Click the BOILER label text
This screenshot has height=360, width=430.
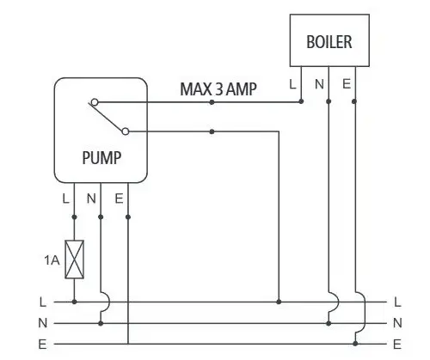click(329, 42)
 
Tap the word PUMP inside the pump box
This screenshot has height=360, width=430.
click(101, 158)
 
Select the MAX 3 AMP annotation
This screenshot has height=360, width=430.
click(218, 89)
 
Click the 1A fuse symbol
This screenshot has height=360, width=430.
click(75, 259)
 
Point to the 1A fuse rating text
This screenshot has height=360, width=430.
click(52, 260)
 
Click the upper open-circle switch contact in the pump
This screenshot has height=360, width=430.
click(95, 102)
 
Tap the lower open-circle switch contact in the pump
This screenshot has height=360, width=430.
click(126, 131)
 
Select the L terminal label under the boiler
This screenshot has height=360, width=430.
click(292, 84)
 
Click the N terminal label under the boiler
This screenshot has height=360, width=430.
click(319, 84)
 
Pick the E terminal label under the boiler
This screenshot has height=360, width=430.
click(347, 84)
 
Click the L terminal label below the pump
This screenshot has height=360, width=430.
click(65, 198)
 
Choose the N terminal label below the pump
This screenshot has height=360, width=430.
click(91, 198)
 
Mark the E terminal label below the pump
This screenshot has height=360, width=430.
click(119, 198)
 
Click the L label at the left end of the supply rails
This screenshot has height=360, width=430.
click(43, 302)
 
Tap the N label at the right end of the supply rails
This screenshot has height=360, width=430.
click(397, 323)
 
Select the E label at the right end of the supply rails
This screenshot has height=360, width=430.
click(397, 344)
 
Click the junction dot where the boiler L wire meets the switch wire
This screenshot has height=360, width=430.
click(301, 101)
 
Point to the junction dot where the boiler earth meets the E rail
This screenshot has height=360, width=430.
click(355, 344)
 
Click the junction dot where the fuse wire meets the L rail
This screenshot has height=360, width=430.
click(75, 302)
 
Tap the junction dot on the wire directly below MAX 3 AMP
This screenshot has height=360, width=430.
click(212, 102)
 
